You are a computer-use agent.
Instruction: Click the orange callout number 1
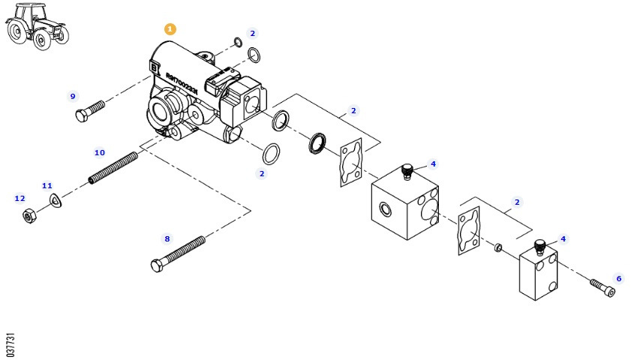click(170, 28)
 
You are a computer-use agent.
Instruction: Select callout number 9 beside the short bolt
click(73, 96)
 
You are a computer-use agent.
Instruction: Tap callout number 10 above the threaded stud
click(99, 152)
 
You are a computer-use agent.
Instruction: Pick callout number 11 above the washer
click(47, 184)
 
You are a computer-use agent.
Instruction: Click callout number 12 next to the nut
click(20, 199)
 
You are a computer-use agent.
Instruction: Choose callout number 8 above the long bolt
click(167, 238)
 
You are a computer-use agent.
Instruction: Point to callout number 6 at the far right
click(618, 278)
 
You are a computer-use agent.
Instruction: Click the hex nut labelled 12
click(29, 217)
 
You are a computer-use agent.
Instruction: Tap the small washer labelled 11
click(54, 200)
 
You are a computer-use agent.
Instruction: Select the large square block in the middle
click(406, 202)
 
